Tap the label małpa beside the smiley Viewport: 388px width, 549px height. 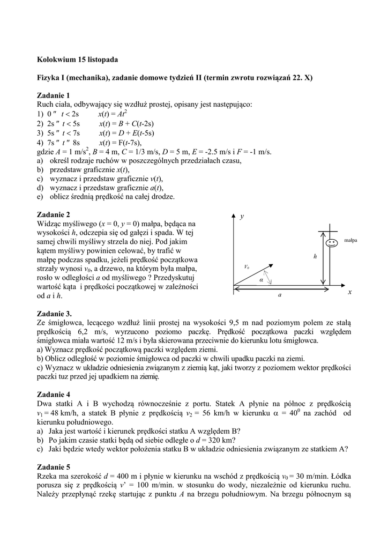[350, 240]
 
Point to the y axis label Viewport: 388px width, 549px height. [242, 217]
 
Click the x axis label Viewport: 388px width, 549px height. [349, 292]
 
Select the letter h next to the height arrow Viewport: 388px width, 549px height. [316, 257]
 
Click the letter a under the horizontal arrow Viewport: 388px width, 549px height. [279, 295]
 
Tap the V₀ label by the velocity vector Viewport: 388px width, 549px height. [247, 266]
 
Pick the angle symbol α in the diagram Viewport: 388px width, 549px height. [262, 279]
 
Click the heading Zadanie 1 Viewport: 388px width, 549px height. [54, 95]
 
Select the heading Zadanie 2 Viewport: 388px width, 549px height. [54, 214]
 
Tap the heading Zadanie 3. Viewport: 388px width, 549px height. [55, 314]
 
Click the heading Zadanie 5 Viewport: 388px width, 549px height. [54, 466]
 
